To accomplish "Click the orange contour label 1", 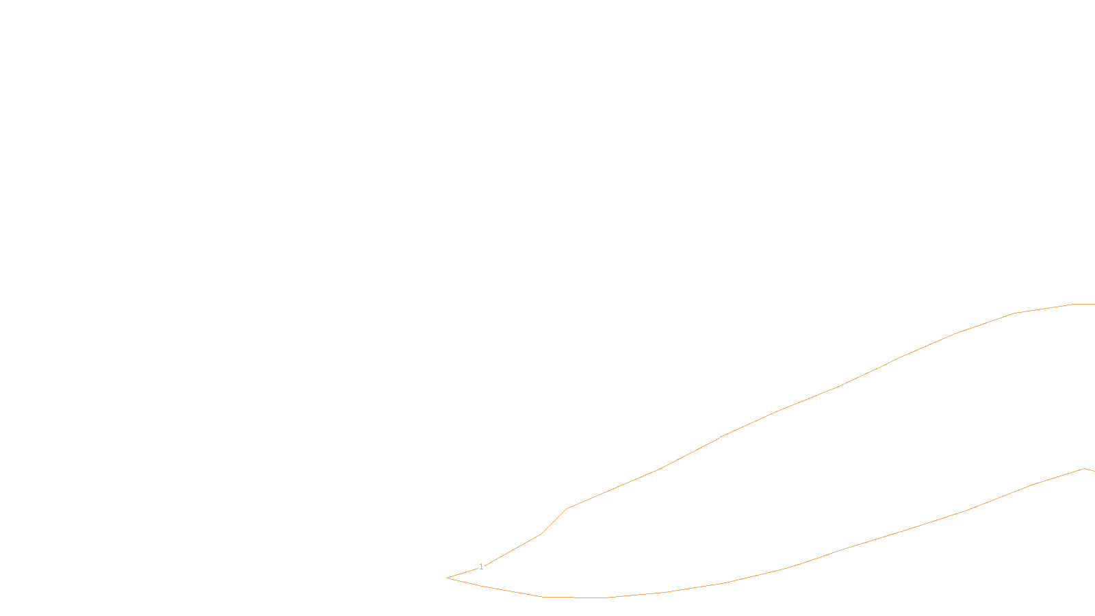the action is click(x=481, y=567).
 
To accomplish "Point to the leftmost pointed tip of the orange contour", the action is click(x=448, y=578).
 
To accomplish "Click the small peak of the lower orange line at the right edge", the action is click(x=1085, y=469).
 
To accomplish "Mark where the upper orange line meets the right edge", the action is click(x=1093, y=304).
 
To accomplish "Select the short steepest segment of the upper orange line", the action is click(x=554, y=522).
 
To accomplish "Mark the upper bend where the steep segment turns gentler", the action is click(x=567, y=509).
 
